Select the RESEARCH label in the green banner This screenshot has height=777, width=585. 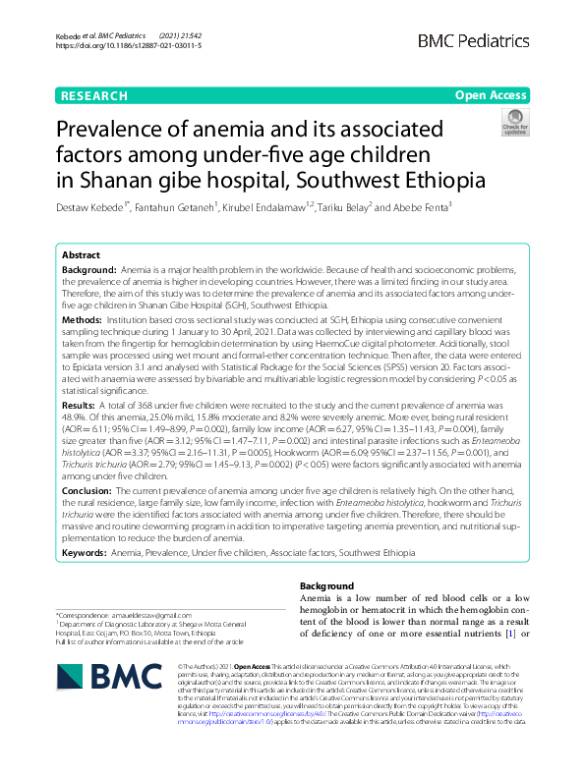(93, 95)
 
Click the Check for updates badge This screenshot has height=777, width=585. (514, 124)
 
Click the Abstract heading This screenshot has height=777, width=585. (83, 253)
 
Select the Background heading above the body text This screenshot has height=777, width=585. (329, 586)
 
